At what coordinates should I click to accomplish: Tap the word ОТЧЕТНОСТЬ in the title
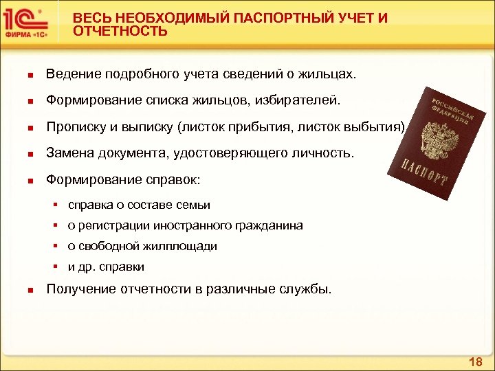pos(120,32)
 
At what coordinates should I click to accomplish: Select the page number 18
pos(475,361)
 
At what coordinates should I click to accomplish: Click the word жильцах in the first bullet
pos(331,74)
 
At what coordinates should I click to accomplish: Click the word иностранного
pos(195,225)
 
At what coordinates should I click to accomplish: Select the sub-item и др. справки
pos(106,267)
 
